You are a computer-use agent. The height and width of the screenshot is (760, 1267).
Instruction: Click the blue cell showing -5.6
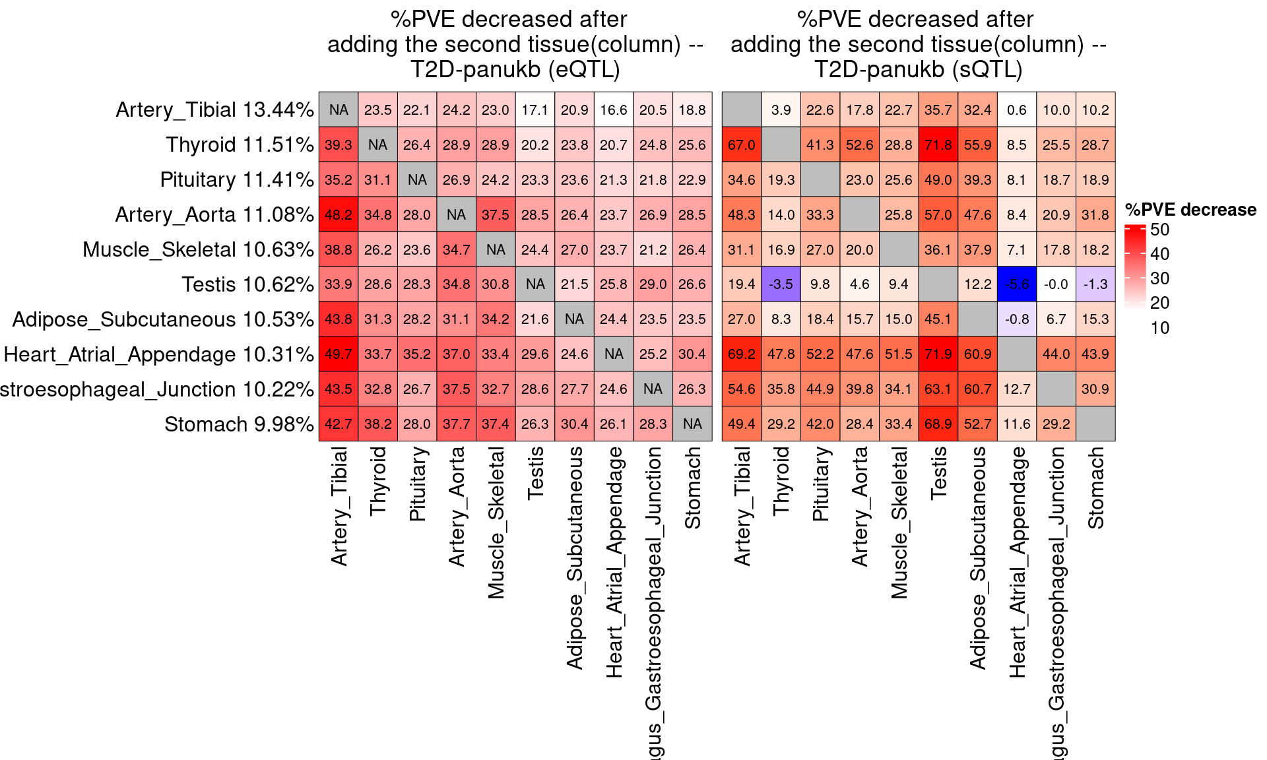click(1016, 284)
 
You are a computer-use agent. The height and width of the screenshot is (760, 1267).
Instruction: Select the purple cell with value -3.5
click(781, 284)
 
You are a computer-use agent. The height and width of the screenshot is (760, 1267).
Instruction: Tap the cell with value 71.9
click(938, 354)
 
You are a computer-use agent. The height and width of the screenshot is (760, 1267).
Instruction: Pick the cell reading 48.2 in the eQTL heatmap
click(339, 214)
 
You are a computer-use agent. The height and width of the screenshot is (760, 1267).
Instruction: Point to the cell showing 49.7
click(339, 354)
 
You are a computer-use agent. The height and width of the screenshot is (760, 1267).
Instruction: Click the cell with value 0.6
click(1016, 110)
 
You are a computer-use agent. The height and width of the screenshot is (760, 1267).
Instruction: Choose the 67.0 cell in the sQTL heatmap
click(742, 144)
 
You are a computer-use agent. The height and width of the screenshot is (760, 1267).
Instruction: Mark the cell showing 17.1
click(535, 110)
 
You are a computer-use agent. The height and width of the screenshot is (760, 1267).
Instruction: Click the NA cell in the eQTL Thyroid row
click(377, 144)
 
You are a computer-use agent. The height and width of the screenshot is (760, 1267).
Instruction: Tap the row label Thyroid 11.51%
click(240, 144)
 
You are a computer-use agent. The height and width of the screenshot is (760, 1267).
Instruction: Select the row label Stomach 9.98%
click(239, 424)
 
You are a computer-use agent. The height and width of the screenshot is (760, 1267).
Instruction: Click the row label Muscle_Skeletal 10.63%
click(198, 249)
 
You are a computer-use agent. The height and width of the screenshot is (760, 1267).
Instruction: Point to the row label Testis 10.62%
click(247, 284)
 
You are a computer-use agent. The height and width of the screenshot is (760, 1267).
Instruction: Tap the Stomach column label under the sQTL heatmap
click(1095, 488)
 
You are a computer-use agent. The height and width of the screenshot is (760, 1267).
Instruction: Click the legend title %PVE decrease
click(1190, 210)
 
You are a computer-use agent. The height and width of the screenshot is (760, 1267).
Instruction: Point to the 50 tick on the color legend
click(1159, 230)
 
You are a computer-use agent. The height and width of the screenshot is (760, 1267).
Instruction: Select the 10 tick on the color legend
click(1159, 328)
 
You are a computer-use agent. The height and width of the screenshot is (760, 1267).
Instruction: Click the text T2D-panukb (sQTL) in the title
click(918, 69)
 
